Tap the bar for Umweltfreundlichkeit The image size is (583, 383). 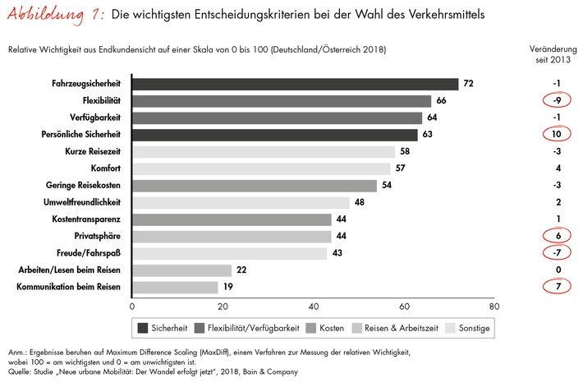pos(241,202)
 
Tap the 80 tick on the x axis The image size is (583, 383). pos(493,307)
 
